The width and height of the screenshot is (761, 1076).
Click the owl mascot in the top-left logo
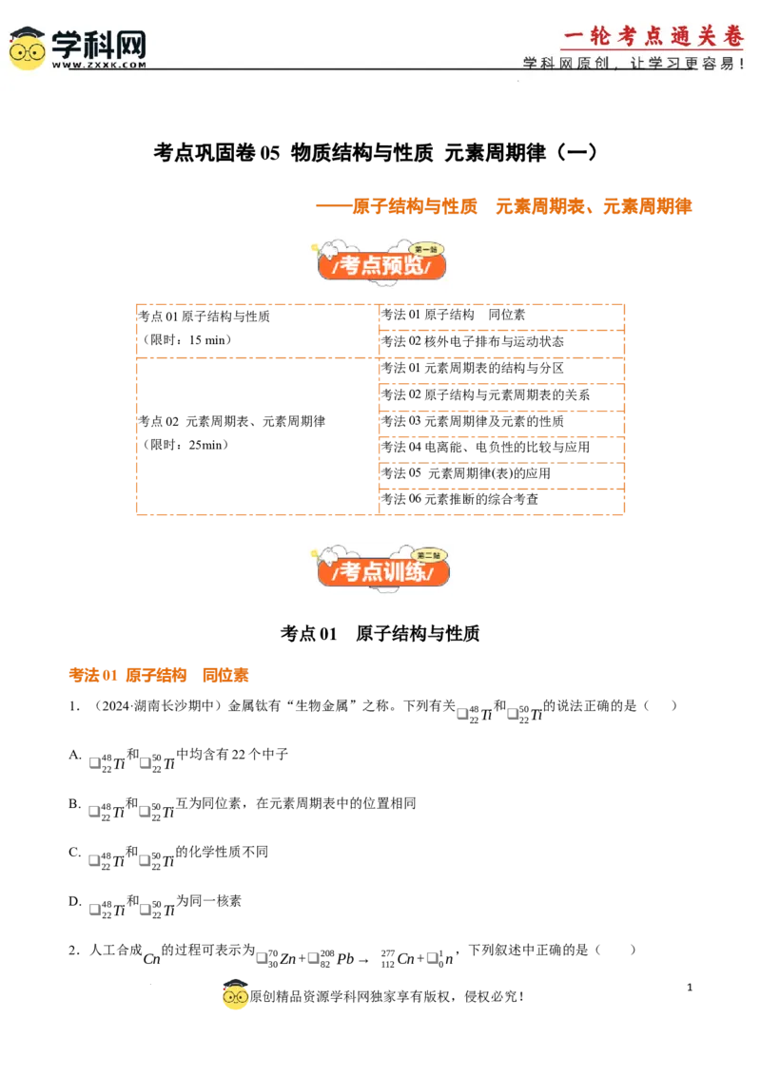pyautogui.click(x=27, y=48)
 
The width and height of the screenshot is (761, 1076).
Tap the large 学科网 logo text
pyautogui.click(x=99, y=44)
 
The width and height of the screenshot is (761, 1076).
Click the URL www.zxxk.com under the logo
pyautogui.click(x=99, y=66)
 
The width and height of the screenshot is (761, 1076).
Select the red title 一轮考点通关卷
pyautogui.click(x=653, y=36)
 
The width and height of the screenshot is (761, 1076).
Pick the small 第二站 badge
pyautogui.click(x=429, y=555)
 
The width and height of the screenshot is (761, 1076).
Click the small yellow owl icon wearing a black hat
pyautogui.click(x=235, y=993)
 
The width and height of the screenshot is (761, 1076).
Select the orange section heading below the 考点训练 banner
pyautogui.click(x=159, y=675)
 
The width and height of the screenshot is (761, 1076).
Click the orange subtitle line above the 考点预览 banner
pyautogui.click(x=502, y=207)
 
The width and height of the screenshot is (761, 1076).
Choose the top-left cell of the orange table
pyautogui.click(x=255, y=329)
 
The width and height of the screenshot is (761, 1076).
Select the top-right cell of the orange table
pyautogui.click(x=498, y=317)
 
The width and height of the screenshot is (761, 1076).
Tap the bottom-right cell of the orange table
pyautogui.click(x=498, y=500)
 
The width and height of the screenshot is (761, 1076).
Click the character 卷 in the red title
pyautogui.click(x=732, y=36)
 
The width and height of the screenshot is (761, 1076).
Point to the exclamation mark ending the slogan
pyautogui.click(x=742, y=64)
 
